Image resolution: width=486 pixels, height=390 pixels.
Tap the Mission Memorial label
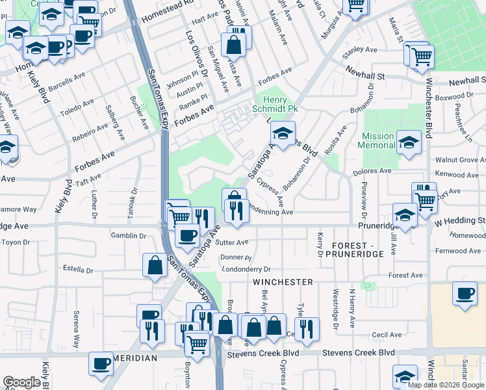tap(377, 140)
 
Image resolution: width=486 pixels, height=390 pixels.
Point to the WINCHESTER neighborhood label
tap(283, 282)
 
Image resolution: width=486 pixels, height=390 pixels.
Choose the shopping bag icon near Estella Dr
tap(155, 265)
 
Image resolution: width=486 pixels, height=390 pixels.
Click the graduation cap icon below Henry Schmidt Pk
tap(283, 133)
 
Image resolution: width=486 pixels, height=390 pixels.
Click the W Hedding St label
tap(459, 221)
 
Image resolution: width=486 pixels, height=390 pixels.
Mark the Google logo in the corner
tap(21, 382)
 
